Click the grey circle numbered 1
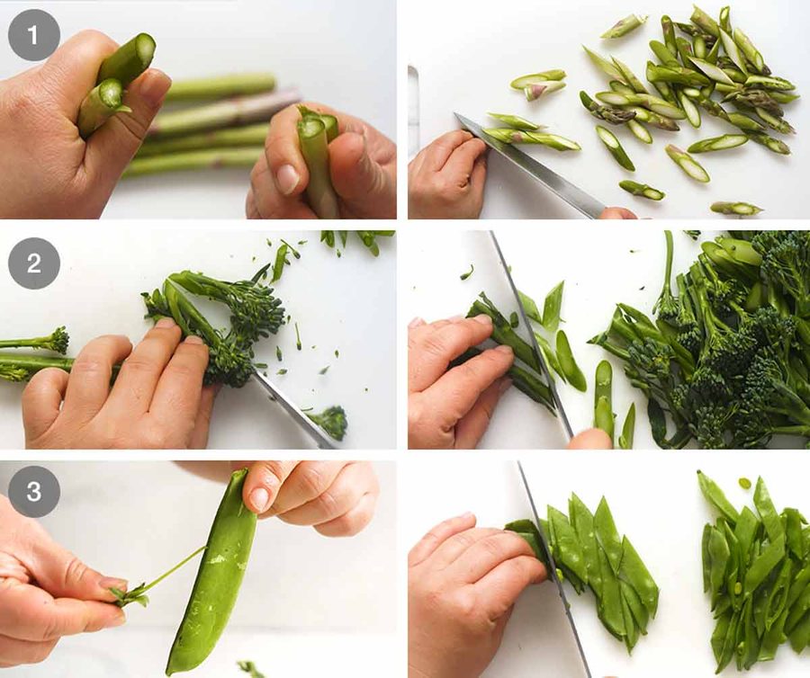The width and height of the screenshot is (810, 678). click(33, 36)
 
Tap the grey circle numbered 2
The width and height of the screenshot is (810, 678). click(33, 263)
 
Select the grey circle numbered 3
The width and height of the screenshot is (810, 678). click(33, 491)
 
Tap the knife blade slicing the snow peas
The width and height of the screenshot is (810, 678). click(553, 567)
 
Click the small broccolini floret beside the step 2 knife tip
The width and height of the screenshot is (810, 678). click(330, 422)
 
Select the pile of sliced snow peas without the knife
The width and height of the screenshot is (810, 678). click(754, 573)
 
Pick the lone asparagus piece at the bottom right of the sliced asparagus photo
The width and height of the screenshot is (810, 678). click(736, 209)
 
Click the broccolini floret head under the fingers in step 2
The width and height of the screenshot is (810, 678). click(229, 361)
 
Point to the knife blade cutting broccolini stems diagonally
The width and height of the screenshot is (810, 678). click(532, 335)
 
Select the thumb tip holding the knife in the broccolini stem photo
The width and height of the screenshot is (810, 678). click(590, 439)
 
